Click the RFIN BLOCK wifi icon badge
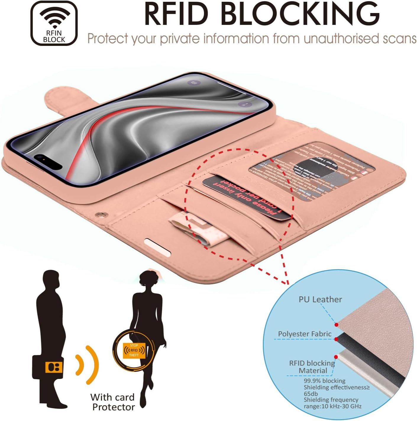(54, 23)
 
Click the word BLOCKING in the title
(300, 14)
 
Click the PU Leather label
(320, 299)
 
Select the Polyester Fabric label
(305, 334)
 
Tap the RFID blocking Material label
(312, 367)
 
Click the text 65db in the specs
(311, 394)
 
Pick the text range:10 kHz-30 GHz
(332, 406)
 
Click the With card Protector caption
(113, 402)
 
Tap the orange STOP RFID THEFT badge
(134, 350)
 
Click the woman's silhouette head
(149, 279)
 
